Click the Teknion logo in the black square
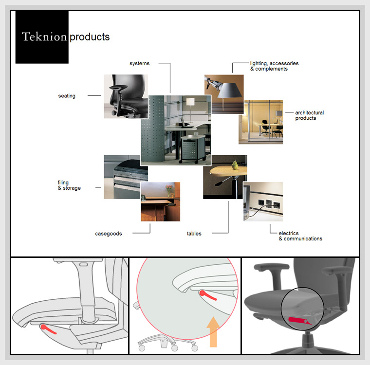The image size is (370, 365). tap(44, 36)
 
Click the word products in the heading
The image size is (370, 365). tap(90, 37)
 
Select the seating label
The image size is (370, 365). tap(67, 96)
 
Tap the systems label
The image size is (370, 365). tap(139, 64)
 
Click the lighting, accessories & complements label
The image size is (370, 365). tap(274, 66)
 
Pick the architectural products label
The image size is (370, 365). tap(309, 115)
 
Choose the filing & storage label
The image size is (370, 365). tap(69, 185)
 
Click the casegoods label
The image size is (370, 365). tap(108, 234)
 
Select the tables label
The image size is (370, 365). tap(194, 234)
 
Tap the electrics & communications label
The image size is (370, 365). tap(300, 236)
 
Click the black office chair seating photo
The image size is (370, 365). tap(126, 96)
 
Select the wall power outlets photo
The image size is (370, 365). tap(263, 201)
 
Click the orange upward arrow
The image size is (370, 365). tap(213, 332)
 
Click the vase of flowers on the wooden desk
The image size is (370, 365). tap(169, 189)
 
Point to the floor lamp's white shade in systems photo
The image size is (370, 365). tap(190, 102)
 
